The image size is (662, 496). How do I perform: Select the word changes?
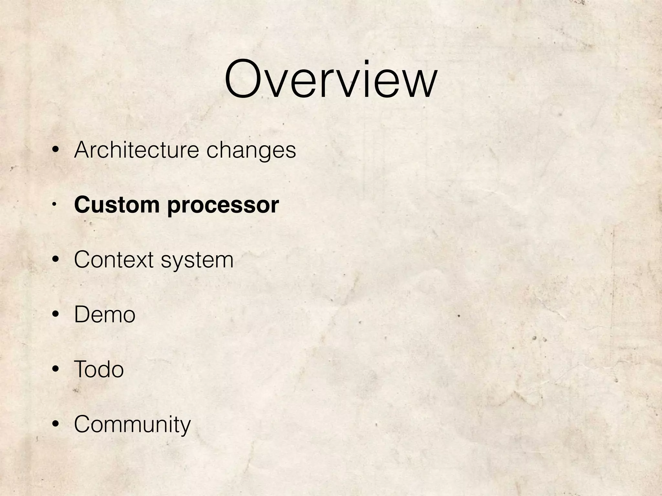(251, 150)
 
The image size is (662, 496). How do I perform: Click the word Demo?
(104, 314)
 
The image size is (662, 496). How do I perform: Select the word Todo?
(99, 369)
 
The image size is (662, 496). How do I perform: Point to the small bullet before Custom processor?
(55, 204)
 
